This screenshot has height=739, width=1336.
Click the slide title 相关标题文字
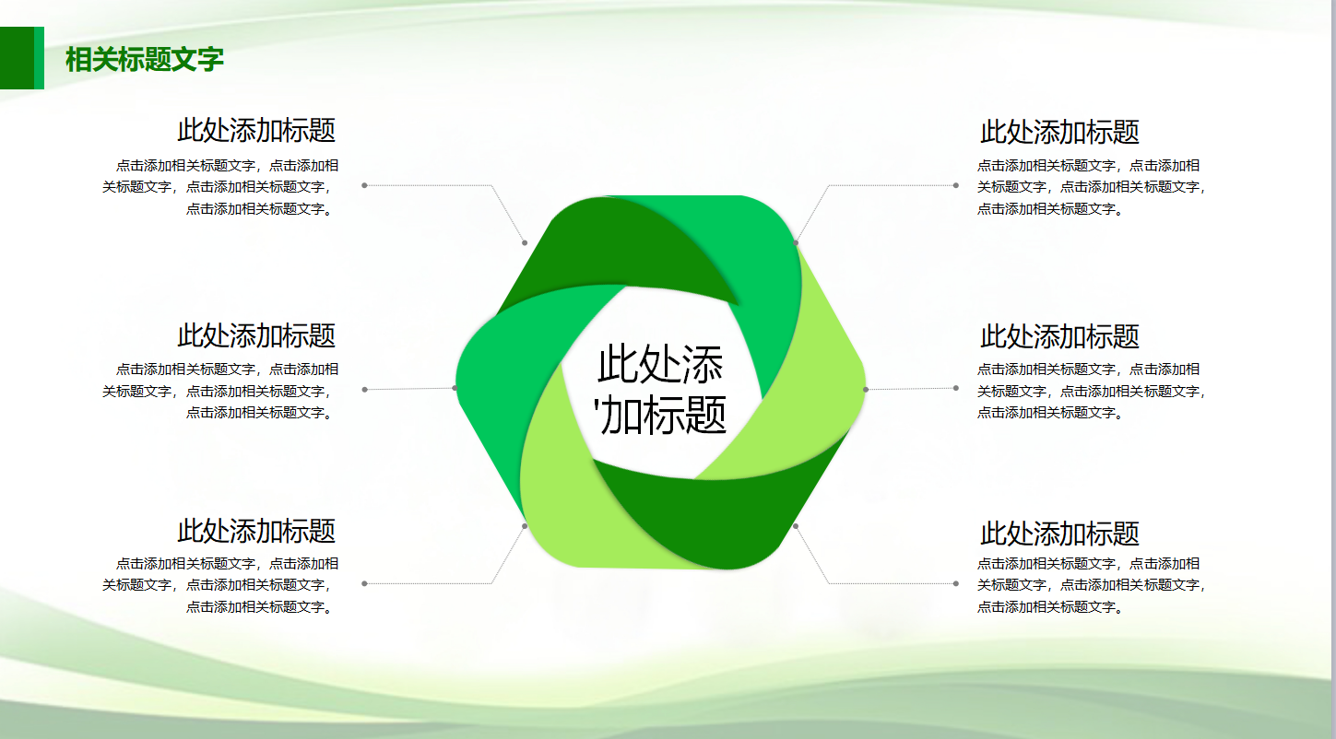pos(145,60)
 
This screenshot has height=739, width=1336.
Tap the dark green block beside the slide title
pos(18,58)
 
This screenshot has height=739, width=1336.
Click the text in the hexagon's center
pos(661,390)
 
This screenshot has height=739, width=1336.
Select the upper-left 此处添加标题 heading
pos(256,130)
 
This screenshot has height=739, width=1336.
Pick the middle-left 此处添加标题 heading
pos(256,334)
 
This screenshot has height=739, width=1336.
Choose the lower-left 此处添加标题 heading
pos(256,531)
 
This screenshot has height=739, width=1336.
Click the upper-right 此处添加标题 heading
pos(1059,132)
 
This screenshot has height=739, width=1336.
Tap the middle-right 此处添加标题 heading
pos(1059,336)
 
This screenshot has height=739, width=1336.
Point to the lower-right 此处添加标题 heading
pos(1059,534)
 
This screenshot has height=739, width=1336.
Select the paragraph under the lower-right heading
pos(1091,585)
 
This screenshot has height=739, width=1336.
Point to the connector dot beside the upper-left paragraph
pos(364,185)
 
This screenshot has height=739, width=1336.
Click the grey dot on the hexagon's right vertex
pos(865,389)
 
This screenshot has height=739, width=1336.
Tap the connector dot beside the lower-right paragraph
pos(955,583)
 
